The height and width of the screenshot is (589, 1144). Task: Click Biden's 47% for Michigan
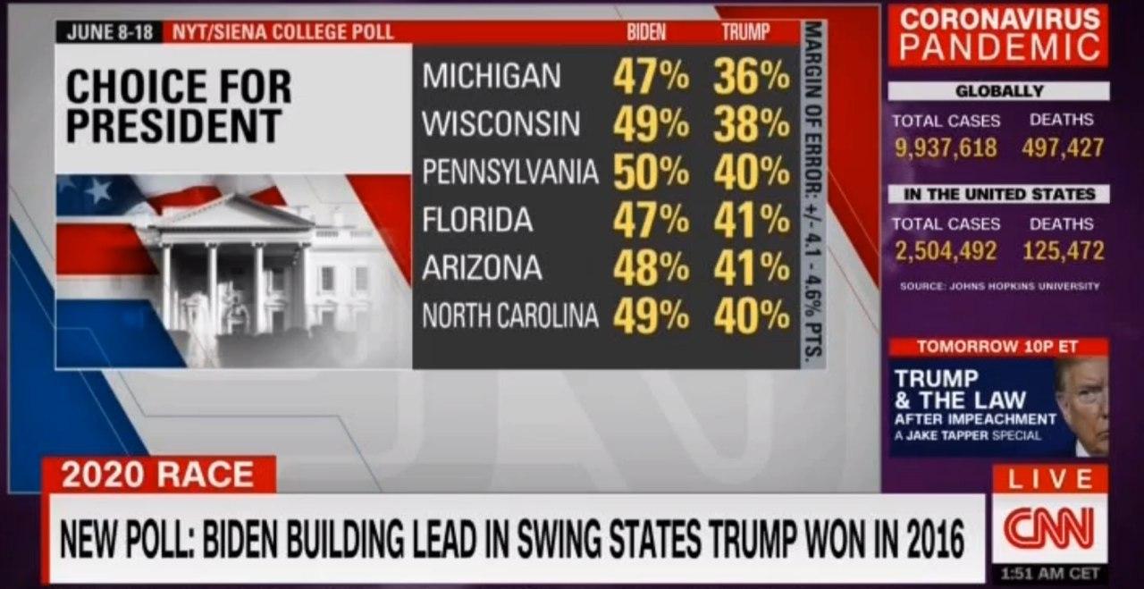click(x=651, y=78)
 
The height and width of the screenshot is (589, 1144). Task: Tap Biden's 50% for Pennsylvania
click(x=651, y=173)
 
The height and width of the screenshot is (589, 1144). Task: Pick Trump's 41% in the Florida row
click(x=752, y=221)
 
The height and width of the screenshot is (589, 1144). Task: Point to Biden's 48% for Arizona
click(x=651, y=269)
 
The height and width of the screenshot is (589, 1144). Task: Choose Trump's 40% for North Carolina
click(x=752, y=316)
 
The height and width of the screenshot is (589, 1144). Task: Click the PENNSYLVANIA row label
click(x=509, y=173)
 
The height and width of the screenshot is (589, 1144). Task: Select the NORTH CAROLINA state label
click(x=509, y=316)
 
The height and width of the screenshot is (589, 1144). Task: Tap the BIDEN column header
click(x=646, y=32)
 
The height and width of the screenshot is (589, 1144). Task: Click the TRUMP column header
click(x=745, y=32)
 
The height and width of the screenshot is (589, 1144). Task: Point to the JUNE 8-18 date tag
click(x=110, y=32)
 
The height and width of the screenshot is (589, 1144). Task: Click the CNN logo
click(x=1048, y=528)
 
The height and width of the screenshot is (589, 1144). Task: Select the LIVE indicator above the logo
click(x=1049, y=480)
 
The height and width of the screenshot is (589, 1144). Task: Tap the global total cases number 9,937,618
click(x=946, y=148)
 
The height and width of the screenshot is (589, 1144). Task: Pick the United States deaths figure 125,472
click(x=1064, y=251)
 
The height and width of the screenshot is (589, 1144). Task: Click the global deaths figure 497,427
click(x=1064, y=148)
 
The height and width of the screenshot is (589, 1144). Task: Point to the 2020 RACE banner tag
click(x=158, y=475)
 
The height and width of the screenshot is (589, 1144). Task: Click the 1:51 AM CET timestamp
click(x=1049, y=573)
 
